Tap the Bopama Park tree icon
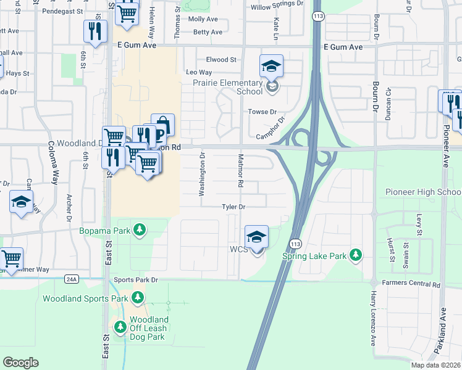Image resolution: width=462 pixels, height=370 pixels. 141,230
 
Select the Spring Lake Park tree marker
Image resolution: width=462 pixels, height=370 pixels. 355,255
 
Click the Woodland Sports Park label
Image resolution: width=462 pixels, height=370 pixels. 85,299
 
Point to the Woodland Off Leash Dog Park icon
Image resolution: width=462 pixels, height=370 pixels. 119,325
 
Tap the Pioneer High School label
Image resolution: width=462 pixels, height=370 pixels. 423,192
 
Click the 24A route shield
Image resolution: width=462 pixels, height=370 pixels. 72,279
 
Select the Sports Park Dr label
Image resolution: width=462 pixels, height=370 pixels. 136,280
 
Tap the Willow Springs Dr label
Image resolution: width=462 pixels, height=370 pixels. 277,8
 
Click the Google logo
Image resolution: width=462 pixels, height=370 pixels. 20,363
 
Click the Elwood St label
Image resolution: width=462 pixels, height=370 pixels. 222,60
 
